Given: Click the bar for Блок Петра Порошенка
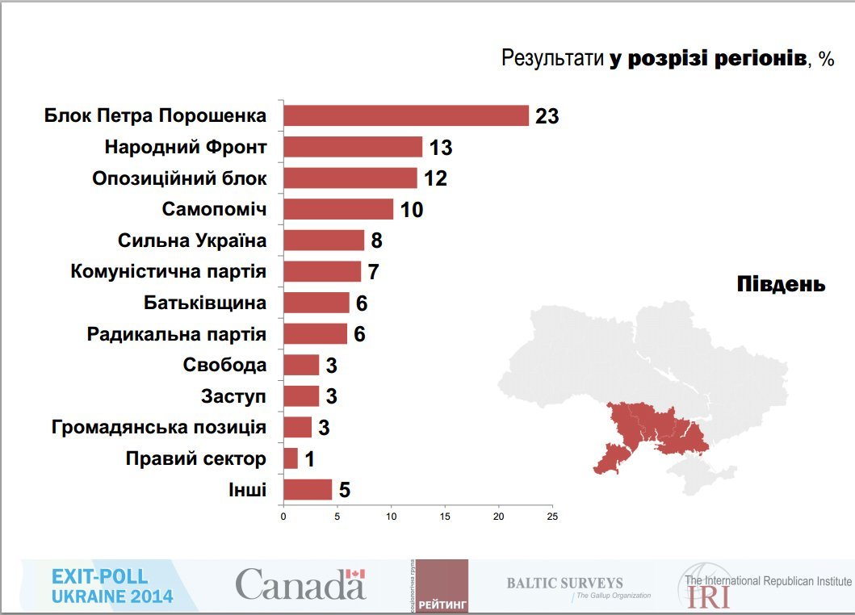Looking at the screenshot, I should coord(406,115).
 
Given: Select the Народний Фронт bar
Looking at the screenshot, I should coord(353,147).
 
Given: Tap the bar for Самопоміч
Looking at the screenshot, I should coord(338,209).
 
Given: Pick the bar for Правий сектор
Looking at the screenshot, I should coord(291,458).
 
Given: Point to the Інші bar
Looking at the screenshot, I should coord(308,490).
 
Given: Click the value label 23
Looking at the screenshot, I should coord(547,116).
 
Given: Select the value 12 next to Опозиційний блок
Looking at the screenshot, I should coord(435,178).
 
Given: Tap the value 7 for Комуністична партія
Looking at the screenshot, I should coord(373,272).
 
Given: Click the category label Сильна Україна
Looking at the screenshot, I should coord(192,241).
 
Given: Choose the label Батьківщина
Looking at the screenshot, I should coord(205,303).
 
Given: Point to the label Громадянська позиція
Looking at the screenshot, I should coord(158,428).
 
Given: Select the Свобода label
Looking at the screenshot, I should coord(224,365).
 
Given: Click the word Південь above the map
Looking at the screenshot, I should coord(781,284).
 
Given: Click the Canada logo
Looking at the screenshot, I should coord(300,584).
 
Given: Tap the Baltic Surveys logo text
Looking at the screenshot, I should coord(564,583).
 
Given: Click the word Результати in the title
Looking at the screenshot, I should coord(552,58).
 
